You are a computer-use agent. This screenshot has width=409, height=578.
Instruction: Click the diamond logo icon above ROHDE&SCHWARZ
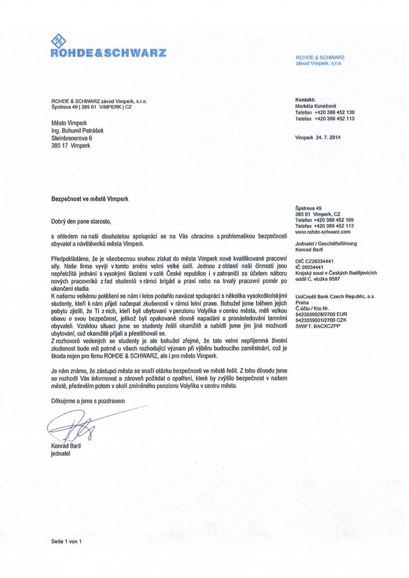(x=58, y=40)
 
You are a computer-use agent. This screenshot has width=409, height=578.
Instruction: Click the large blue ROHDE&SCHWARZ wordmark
(x=108, y=53)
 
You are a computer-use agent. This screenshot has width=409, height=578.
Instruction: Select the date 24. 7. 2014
(x=328, y=137)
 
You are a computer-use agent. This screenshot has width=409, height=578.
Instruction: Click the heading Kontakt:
(x=305, y=99)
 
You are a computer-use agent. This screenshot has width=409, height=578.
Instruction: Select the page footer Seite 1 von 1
(x=67, y=541)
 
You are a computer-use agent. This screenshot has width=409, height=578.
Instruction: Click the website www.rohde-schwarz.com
(x=323, y=231)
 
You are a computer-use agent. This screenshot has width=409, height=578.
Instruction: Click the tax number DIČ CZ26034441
(x=315, y=261)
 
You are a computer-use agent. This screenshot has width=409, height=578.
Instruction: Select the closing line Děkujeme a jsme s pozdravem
(x=88, y=400)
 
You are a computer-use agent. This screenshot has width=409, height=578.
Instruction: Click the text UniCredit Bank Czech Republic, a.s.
(x=335, y=296)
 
